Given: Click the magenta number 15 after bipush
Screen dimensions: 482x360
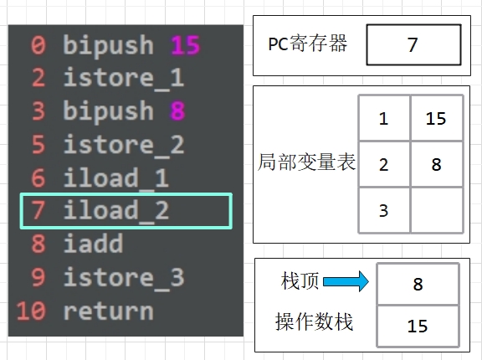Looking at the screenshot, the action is (x=186, y=45).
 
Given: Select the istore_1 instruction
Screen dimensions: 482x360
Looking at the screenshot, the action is (x=124, y=79).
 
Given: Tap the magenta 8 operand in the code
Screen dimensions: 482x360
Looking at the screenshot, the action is (x=177, y=111).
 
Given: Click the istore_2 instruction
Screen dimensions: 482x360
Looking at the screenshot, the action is (x=124, y=146).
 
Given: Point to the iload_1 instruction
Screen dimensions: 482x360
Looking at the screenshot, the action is (x=115, y=178).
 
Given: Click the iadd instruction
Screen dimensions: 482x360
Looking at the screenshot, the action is (x=93, y=244).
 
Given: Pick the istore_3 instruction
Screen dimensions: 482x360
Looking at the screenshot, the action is (x=124, y=278).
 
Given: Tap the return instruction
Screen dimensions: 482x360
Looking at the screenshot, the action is (x=108, y=311).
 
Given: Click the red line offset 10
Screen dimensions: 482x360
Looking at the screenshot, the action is (x=31, y=311).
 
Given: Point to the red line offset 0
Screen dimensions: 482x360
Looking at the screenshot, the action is (x=38, y=45).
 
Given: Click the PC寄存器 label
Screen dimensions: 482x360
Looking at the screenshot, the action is (x=308, y=44).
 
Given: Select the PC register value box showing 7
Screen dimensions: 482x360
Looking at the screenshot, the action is (x=413, y=45).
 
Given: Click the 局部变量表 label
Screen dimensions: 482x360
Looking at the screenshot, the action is (x=306, y=162).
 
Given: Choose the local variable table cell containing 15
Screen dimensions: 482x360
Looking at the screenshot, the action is (x=437, y=118).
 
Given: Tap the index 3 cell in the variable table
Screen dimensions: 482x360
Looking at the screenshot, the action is (x=384, y=211).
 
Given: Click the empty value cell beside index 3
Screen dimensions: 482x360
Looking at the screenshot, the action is (x=437, y=211).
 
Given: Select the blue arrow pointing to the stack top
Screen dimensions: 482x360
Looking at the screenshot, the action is (x=346, y=281).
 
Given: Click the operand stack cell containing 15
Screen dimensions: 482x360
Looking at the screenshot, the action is (x=418, y=326).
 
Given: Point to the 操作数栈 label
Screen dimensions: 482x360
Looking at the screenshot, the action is (x=314, y=321).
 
